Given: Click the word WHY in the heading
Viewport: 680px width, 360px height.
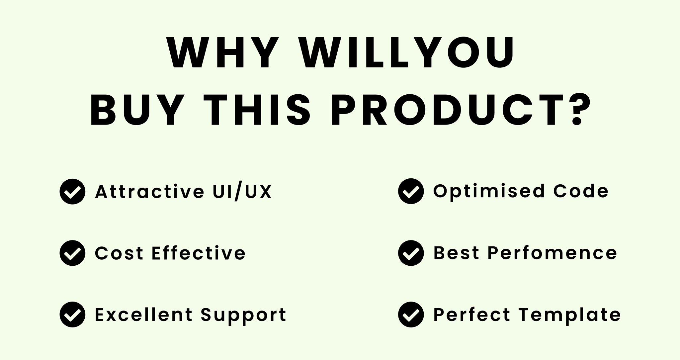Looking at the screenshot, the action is pos(222,52).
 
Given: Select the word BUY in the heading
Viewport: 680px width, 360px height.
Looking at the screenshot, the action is pos(137,110).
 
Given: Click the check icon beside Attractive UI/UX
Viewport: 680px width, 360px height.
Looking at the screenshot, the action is pos(72,192).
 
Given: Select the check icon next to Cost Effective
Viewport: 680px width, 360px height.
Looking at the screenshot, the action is pos(72,253).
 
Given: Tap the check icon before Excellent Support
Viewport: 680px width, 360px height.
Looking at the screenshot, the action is pos(72,315).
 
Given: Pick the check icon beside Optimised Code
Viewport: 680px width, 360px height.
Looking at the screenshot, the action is pos(411,191).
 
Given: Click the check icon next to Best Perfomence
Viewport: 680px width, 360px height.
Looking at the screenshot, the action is pos(411,253).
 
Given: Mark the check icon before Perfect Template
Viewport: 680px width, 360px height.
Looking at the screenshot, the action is pos(411,315).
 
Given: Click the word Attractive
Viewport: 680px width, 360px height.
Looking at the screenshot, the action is pos(150,192).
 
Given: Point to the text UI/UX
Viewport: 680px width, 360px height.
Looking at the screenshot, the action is pos(242,192).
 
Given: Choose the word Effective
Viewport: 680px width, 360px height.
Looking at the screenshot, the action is pos(199,253).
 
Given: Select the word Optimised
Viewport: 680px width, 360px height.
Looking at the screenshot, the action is pos(489,192).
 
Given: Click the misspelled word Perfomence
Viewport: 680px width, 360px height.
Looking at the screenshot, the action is pos(552,253).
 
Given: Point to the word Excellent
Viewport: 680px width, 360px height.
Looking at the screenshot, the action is pos(144,315).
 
